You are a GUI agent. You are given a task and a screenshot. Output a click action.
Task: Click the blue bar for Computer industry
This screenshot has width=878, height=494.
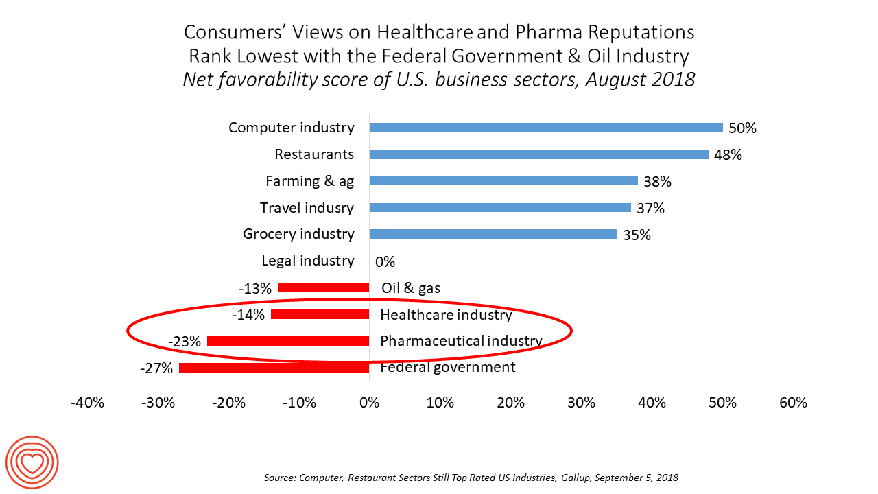pyautogui.click(x=546, y=128)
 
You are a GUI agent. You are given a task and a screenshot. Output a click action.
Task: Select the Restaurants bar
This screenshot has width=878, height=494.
pyautogui.click(x=538, y=154)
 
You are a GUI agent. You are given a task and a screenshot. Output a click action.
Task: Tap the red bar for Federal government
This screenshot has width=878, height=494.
pyautogui.click(x=274, y=368)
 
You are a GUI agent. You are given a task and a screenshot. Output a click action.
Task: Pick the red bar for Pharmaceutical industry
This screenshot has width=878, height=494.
pyautogui.click(x=288, y=341)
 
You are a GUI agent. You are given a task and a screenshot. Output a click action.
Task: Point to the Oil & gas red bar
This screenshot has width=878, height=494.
pyautogui.click(x=323, y=287)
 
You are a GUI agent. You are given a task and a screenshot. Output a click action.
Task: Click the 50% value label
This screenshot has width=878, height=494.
pyautogui.click(x=743, y=128)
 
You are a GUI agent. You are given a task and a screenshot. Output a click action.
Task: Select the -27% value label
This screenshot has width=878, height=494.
pyautogui.click(x=156, y=368)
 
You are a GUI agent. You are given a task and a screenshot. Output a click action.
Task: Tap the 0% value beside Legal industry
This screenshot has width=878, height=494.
pyautogui.click(x=385, y=261)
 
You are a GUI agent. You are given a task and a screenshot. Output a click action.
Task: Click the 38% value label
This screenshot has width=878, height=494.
pyautogui.click(x=657, y=182)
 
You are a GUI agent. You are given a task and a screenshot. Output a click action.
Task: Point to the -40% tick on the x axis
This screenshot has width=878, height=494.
pyautogui.click(x=88, y=403)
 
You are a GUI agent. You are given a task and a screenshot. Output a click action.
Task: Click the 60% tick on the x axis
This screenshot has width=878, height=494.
pyautogui.click(x=794, y=403)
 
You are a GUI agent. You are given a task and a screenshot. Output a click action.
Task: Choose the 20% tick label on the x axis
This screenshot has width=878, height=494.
pyautogui.click(x=511, y=403)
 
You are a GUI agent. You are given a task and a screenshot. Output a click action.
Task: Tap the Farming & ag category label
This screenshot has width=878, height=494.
pyautogui.click(x=309, y=181)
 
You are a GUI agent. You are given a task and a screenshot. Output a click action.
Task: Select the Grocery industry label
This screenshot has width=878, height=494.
pyautogui.click(x=298, y=234)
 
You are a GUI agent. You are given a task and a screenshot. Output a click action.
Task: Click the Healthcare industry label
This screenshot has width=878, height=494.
pyautogui.click(x=446, y=315)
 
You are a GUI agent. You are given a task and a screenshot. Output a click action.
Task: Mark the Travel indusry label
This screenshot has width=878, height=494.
pyautogui.click(x=307, y=207)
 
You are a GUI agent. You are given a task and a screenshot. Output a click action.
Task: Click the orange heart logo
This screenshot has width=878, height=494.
pyautogui.click(x=32, y=463)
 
